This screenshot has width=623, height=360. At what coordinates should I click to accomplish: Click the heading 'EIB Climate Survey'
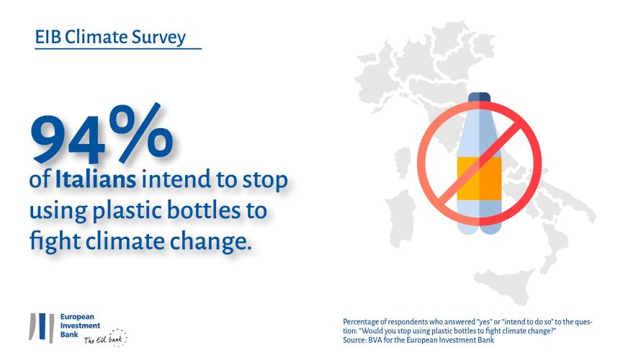110,37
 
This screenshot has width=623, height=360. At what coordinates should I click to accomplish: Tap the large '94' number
68,140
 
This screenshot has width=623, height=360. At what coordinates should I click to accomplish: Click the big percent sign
141,132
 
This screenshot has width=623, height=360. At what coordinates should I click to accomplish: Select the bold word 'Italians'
95,179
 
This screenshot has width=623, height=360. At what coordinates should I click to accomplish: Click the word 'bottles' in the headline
204,210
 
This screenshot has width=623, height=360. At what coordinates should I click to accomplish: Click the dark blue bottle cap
479,97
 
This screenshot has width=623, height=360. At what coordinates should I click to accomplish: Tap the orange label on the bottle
479,179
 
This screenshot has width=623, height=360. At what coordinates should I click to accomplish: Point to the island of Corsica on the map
403,162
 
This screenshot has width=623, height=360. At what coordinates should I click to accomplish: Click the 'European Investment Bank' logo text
80,325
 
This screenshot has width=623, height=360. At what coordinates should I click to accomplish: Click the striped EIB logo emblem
42,328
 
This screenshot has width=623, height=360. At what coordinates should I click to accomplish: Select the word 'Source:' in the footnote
354,340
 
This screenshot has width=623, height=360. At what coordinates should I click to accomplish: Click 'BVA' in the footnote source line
375,340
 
